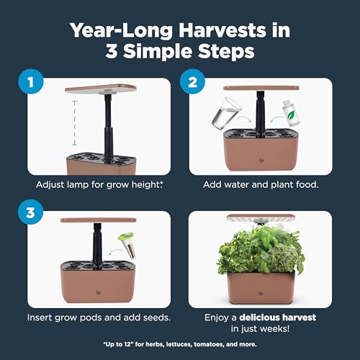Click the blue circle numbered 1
pos(31,81)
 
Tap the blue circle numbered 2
pos(192,81)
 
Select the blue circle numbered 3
pos(30,212)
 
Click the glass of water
pos(226,113)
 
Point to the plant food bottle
pos(291,113)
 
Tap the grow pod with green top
pos(127,246)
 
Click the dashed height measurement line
pos(75,123)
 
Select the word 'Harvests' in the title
pos(222,31)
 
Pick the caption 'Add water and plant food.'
pos(261,184)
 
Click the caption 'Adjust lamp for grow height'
pos(98,185)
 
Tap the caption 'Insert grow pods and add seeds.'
pos(99,318)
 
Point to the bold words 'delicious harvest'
pos(278,318)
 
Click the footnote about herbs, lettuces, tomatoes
pos(180,344)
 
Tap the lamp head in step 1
pos(101,89)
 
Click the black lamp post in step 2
pos(260,112)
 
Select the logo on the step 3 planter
pos(98,292)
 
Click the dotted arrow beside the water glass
pos(244,118)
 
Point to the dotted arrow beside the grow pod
pos(115,251)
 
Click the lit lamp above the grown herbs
pos(261,219)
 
